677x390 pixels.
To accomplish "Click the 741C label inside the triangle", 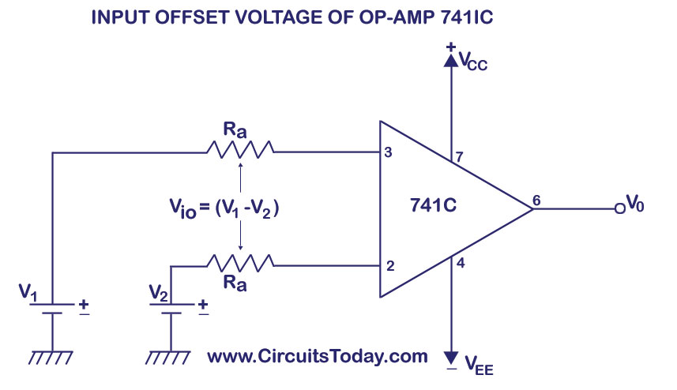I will [434, 207].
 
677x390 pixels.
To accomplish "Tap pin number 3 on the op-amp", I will [387, 152].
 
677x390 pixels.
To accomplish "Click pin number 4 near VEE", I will [461, 265].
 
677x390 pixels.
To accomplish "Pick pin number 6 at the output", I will [536, 199].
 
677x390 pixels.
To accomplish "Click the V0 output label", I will [635, 205].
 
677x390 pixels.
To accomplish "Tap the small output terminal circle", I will [619, 209].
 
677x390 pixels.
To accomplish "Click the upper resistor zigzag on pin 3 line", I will [239, 148].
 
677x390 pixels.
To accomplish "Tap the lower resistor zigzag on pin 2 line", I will [239, 261].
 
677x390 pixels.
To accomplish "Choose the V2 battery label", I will [159, 294].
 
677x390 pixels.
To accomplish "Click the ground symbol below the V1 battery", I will [51, 358].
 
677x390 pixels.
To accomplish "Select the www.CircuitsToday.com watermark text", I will [317, 356].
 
